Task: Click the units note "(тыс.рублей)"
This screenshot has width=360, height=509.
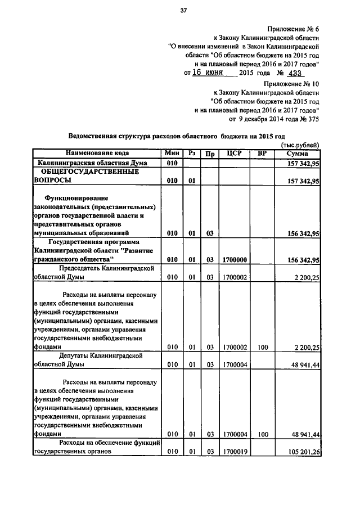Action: (301, 145)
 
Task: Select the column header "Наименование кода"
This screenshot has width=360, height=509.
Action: (97, 153)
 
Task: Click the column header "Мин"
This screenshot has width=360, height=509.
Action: (172, 153)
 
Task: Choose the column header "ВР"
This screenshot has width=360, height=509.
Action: (262, 153)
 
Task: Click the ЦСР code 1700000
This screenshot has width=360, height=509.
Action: (235, 260)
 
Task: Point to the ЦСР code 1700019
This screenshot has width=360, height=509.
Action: (235, 451)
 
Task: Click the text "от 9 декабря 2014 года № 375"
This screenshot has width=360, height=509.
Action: (274, 119)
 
